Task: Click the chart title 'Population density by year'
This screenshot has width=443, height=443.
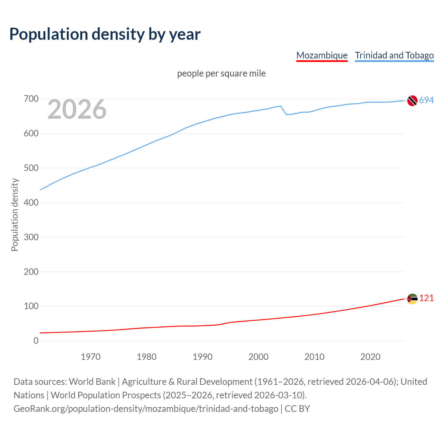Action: pos(105,34)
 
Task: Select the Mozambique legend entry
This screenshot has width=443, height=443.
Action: pos(322,55)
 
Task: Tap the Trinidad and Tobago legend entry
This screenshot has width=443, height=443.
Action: pos(394,55)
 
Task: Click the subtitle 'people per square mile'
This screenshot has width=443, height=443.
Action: pos(221,73)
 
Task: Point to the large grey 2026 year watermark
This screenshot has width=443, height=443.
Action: pos(77,109)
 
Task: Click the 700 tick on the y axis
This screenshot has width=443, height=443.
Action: pos(31,99)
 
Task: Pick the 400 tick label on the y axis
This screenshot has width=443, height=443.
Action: pos(31,202)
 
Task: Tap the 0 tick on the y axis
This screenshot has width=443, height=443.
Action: pos(36,341)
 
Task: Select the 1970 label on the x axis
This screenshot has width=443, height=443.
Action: pos(91,357)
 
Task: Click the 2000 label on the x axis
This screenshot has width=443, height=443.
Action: pos(259,357)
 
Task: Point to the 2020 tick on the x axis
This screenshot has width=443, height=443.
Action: pos(370,357)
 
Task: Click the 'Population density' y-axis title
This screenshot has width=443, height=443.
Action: pos(15,215)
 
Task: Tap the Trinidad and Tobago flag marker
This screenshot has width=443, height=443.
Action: pos(412,101)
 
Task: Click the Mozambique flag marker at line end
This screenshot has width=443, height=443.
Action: pos(412,299)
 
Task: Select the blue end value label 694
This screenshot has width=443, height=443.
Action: pos(426,100)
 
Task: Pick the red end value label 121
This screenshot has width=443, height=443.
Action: pos(426,298)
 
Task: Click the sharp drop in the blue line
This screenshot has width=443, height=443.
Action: pos(283,110)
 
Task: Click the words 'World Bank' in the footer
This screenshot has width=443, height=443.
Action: pos(92,382)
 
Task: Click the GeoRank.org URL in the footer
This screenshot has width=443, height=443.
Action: pos(146,409)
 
